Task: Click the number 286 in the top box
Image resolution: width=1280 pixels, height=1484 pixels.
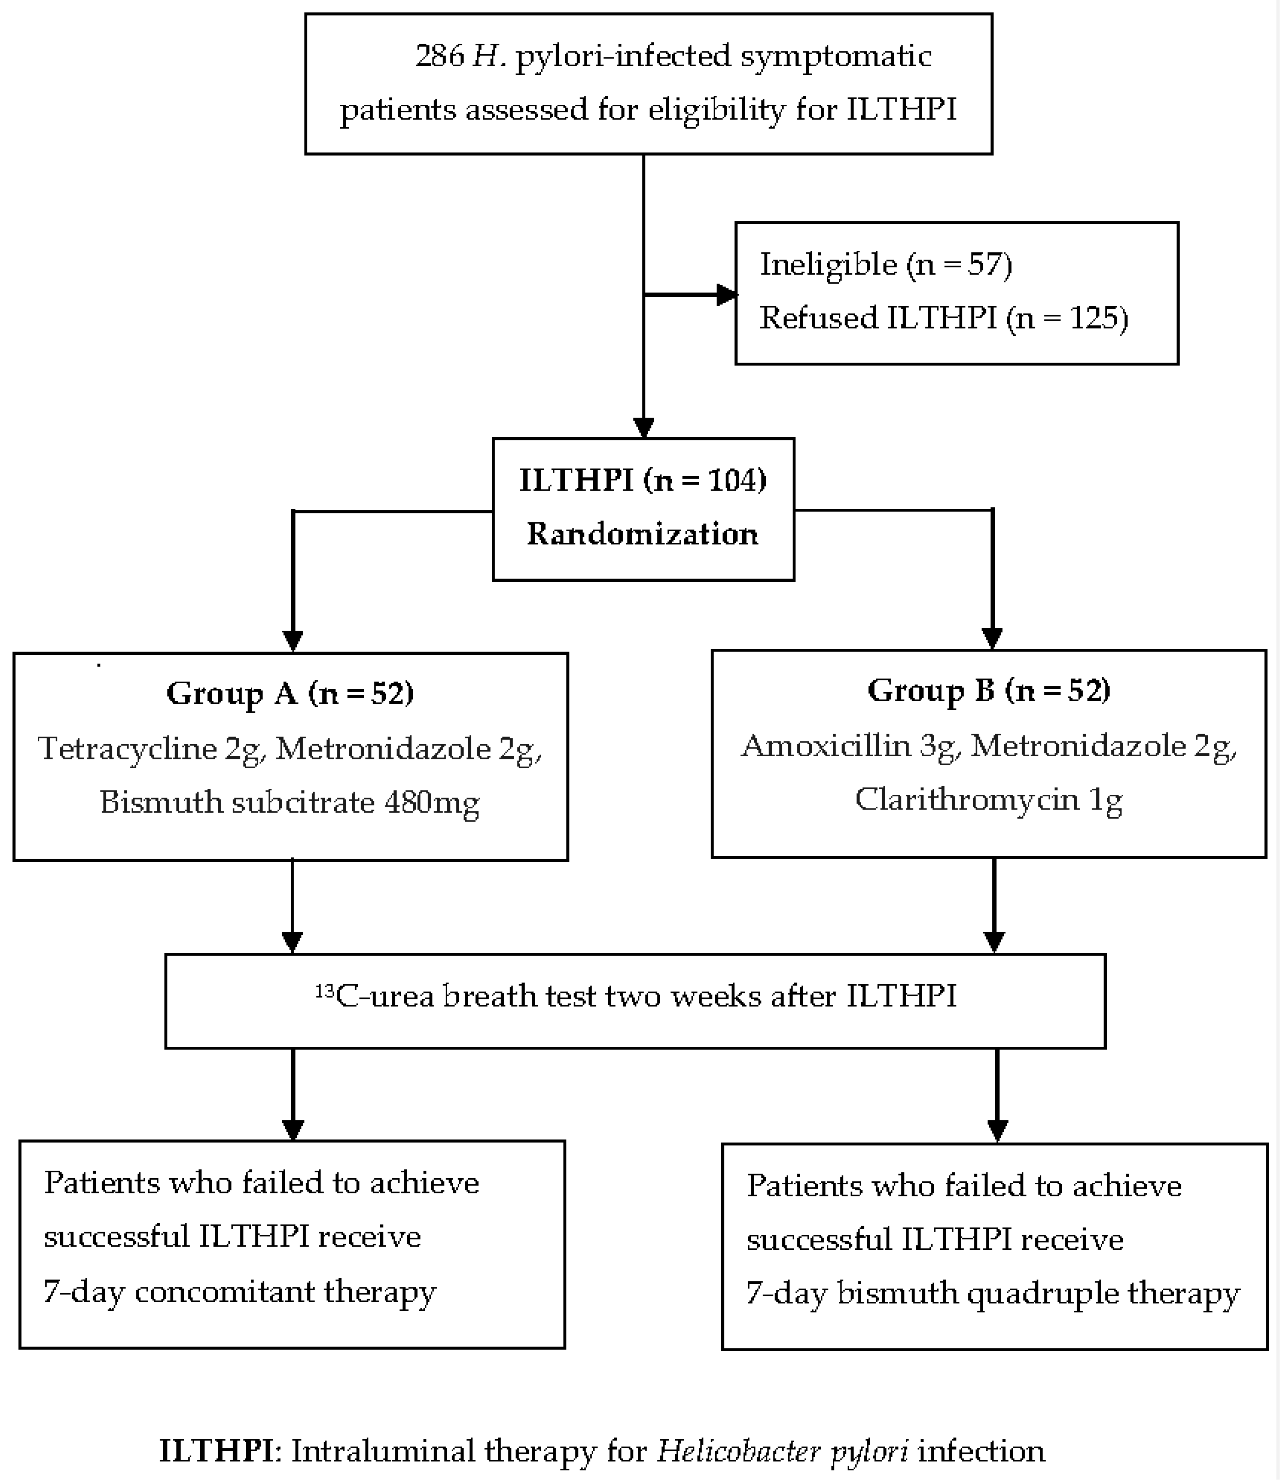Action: pos(439,56)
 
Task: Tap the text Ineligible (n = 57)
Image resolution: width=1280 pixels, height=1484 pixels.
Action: pos(885,264)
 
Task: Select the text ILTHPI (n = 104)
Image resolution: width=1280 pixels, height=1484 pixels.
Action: pos(643,480)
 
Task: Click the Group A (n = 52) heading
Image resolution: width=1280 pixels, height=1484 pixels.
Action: pos(290,693)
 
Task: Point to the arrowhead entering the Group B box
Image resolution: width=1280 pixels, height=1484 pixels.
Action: pos(992,638)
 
